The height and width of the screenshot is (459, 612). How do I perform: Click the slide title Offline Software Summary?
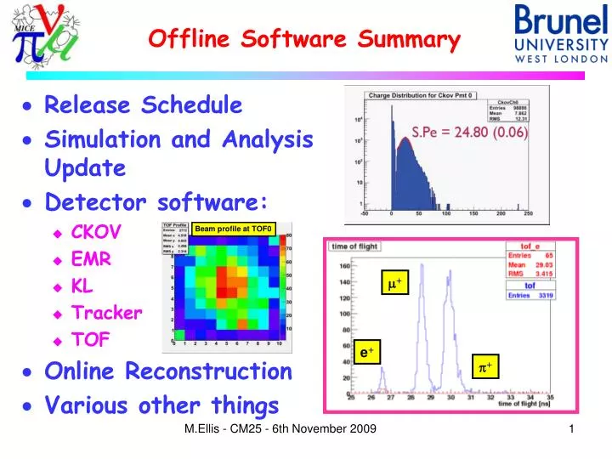[x=304, y=39]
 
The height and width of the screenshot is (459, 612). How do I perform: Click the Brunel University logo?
[x=561, y=34]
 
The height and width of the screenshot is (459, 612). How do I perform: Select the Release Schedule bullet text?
[x=143, y=105]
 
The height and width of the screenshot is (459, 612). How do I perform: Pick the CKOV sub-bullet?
[x=96, y=232]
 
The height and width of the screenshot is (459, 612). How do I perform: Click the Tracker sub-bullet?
[x=106, y=312]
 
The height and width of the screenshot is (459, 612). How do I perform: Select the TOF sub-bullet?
[x=90, y=339]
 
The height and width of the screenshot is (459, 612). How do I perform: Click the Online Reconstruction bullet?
[x=167, y=371]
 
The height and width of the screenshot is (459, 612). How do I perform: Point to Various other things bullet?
[x=161, y=405]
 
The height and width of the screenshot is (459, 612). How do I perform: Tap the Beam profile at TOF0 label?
[x=232, y=228]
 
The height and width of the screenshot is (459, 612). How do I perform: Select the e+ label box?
[x=367, y=350]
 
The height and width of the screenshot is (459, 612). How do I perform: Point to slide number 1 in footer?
[x=571, y=430]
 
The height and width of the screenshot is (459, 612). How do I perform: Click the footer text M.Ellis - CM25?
[x=280, y=430]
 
